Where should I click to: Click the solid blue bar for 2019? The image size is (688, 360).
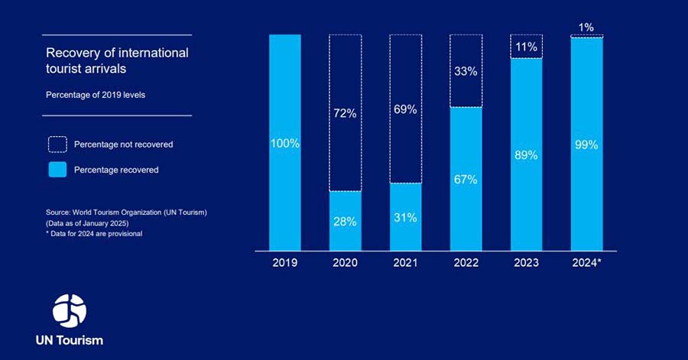click(284, 191)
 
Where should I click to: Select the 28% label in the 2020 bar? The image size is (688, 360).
click(345, 221)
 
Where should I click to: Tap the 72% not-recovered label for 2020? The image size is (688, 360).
click(345, 114)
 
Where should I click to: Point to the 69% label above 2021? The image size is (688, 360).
click(405, 109)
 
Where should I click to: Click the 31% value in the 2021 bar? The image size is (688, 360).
click(405, 218)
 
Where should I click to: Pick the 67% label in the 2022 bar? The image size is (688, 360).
click(466, 180)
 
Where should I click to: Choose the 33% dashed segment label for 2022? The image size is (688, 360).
click(466, 71)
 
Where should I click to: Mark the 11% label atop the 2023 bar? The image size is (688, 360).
click(526, 47)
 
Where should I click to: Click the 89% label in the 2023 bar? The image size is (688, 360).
click(526, 155)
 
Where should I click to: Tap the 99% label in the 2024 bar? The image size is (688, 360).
click(586, 143)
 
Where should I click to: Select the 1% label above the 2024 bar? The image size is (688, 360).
click(586, 28)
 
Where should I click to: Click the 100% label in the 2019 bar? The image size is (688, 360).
click(284, 143)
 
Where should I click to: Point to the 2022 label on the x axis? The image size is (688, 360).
click(466, 263)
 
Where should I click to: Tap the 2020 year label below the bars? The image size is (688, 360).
click(345, 263)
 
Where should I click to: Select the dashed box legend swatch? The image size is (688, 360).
click(57, 144)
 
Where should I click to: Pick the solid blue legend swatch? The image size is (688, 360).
click(57, 170)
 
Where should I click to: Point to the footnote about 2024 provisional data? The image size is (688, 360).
click(95, 234)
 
